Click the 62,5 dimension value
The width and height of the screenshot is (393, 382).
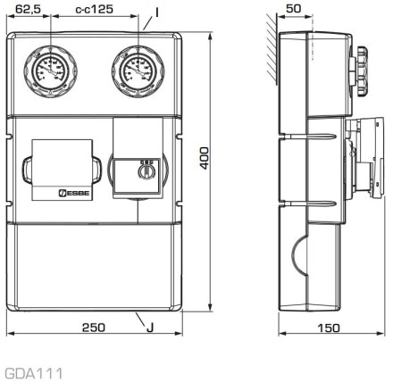(28, 9)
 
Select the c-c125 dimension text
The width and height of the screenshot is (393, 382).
(95, 9)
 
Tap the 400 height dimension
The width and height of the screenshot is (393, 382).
(205, 158)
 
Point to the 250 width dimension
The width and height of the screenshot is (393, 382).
(94, 328)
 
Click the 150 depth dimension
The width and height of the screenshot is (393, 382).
(329, 328)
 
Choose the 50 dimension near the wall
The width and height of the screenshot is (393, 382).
(294, 9)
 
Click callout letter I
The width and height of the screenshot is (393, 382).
(156, 12)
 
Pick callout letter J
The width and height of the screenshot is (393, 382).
(150, 328)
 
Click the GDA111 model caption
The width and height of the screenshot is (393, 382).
(34, 373)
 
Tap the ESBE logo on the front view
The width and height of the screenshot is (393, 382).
(74, 193)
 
